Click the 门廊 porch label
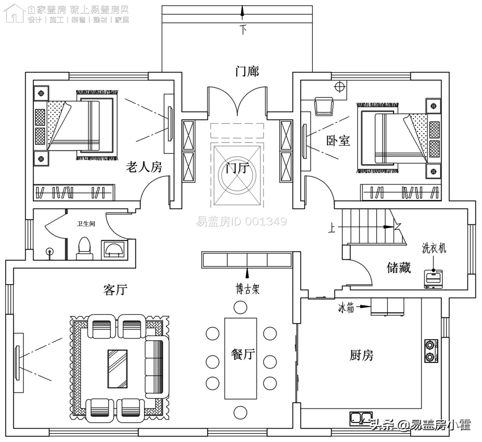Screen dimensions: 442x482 247,71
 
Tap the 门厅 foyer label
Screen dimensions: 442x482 236,168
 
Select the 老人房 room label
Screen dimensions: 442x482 144,167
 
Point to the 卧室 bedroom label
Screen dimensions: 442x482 338,141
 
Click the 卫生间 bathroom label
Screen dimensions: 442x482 86,224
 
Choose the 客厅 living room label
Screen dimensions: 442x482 115,290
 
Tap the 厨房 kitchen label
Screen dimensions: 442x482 362,355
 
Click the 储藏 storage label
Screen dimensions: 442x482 398,267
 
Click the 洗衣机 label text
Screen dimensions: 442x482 434,248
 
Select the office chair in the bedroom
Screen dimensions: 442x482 324,106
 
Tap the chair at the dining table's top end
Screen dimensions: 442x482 240,307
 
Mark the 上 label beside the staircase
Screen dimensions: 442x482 332,228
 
